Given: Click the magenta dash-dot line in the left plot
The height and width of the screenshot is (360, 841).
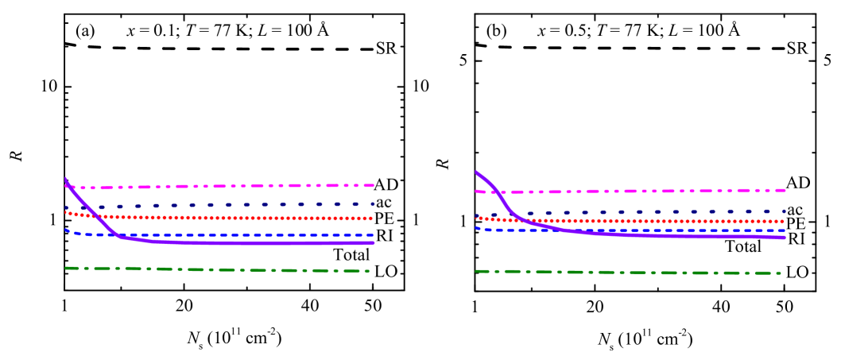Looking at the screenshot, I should pos(238,186).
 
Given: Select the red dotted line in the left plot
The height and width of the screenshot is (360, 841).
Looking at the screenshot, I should pos(238,218).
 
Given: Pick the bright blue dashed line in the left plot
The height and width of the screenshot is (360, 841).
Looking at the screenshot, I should pos(238,235).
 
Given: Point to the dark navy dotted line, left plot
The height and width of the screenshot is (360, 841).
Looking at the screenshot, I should pos(238,204).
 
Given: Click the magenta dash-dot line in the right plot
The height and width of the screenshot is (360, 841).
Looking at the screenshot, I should pos(636,191).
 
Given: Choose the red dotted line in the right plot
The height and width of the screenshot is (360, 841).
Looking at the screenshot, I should pos(636,221).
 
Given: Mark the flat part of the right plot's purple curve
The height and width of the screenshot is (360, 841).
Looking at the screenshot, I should pos(700,236).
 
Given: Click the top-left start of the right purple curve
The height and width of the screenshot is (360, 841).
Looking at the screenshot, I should pos(476,172).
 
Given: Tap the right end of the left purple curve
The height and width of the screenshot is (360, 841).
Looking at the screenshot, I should pos(373,242).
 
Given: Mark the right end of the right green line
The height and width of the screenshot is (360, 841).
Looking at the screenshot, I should pos(779,273).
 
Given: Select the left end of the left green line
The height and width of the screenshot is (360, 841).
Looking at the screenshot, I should pos(66,268).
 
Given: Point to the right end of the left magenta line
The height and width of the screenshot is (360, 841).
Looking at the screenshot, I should pos(373,185).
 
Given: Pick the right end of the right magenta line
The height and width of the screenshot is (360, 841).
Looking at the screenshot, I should pos(785,190).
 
